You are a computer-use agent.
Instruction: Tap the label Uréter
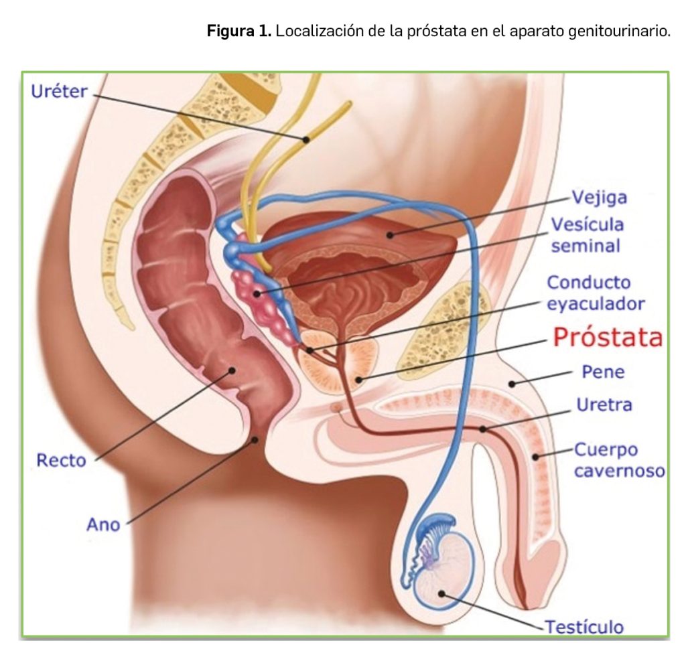(59, 91)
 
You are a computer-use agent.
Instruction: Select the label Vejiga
(599, 198)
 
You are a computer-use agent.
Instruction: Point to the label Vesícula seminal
(586, 234)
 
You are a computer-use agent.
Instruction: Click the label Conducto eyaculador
(596, 293)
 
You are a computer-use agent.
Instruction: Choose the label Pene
(602, 372)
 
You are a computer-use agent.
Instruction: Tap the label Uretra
(604, 405)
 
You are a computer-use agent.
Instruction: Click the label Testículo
(584, 627)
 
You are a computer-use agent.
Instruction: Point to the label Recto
(61, 461)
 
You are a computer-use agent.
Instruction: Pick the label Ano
(103, 524)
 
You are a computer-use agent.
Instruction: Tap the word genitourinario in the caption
(616, 31)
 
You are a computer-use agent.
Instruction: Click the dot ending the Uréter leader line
(305, 139)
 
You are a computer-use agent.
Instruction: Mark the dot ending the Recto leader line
(232, 369)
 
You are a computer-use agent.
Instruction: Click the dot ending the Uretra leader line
(482, 428)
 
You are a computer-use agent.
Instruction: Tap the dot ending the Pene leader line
(511, 384)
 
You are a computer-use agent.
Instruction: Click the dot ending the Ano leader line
(255, 440)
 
